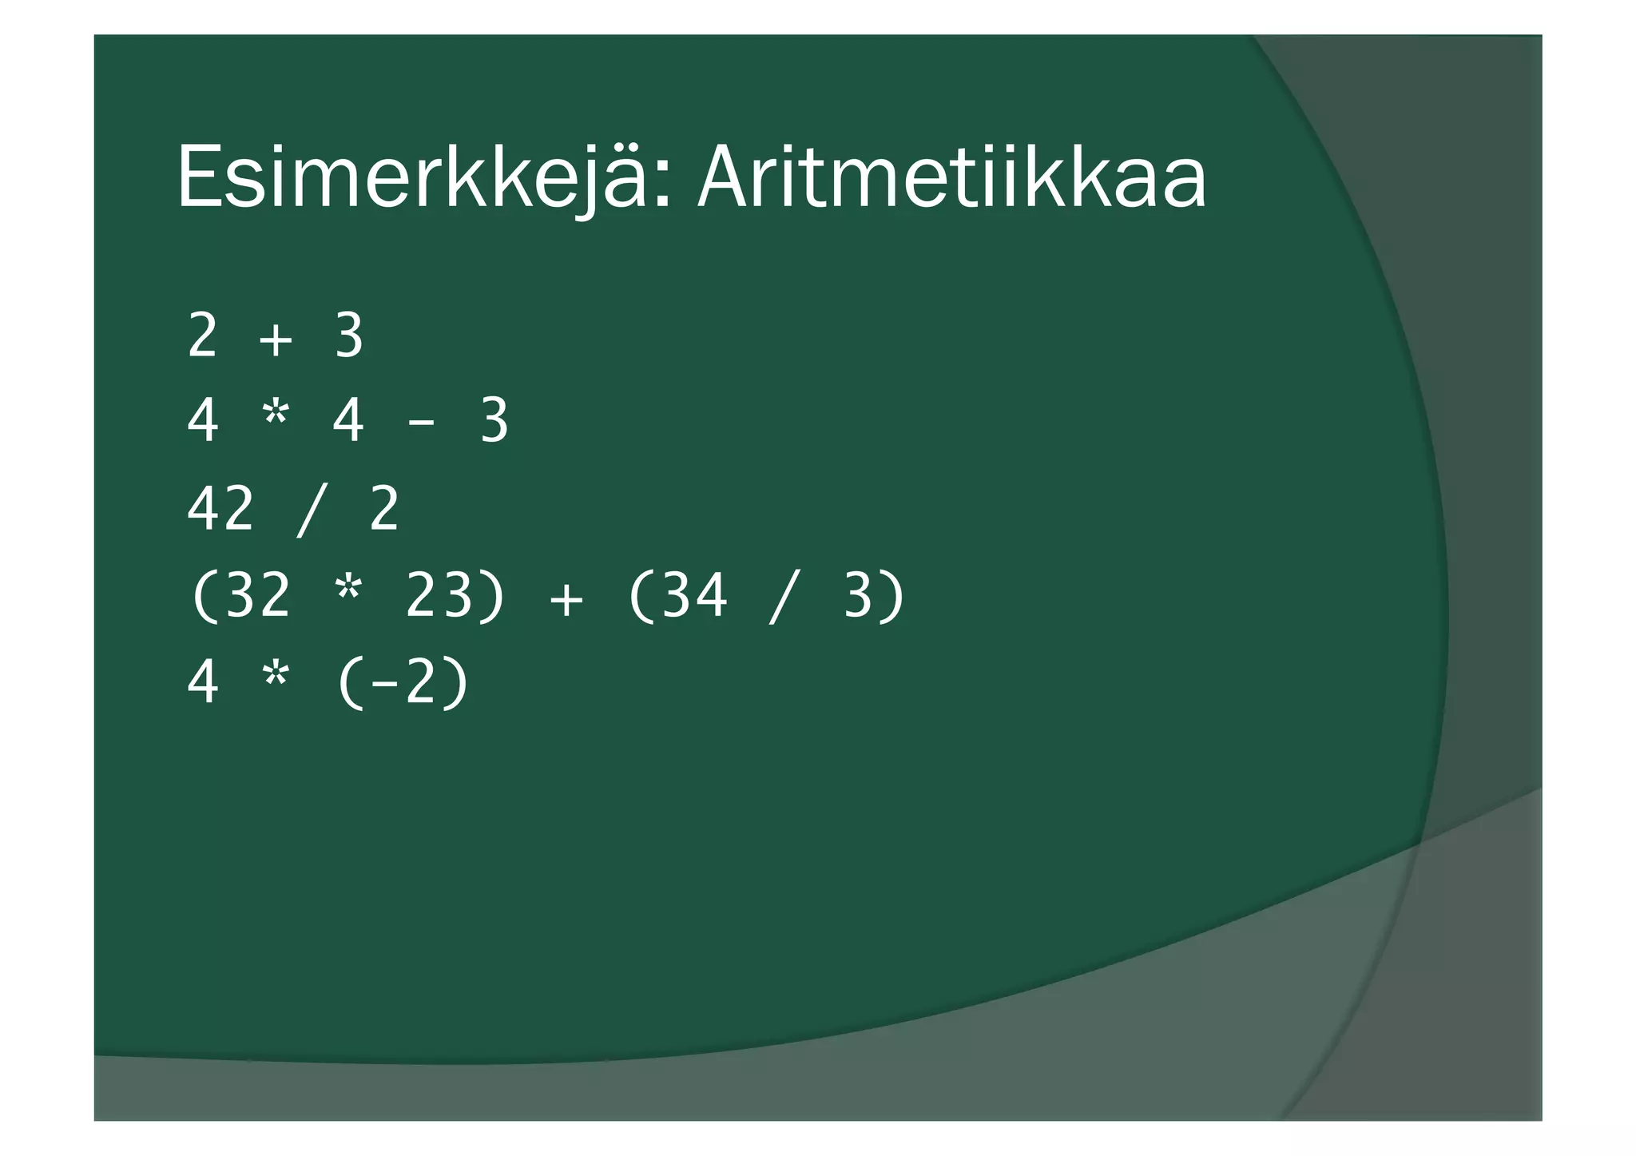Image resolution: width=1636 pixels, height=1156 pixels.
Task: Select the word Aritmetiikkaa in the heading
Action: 951,177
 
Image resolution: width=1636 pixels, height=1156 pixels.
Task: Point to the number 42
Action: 220,509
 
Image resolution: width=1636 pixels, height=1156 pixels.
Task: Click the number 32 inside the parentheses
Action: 257,595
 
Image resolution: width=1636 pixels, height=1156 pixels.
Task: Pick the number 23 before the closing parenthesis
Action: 439,595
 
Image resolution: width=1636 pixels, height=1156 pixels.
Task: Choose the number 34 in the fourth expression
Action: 694,595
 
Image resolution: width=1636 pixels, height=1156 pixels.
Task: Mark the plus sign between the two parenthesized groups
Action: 566,598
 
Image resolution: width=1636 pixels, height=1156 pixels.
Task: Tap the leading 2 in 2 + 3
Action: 203,336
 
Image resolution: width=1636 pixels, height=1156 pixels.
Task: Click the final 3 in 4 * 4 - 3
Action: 494,423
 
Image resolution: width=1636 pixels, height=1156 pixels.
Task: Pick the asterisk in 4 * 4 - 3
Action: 276,418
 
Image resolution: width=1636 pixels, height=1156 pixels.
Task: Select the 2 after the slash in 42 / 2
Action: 384,509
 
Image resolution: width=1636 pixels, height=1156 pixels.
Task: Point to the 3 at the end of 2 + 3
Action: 349,336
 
